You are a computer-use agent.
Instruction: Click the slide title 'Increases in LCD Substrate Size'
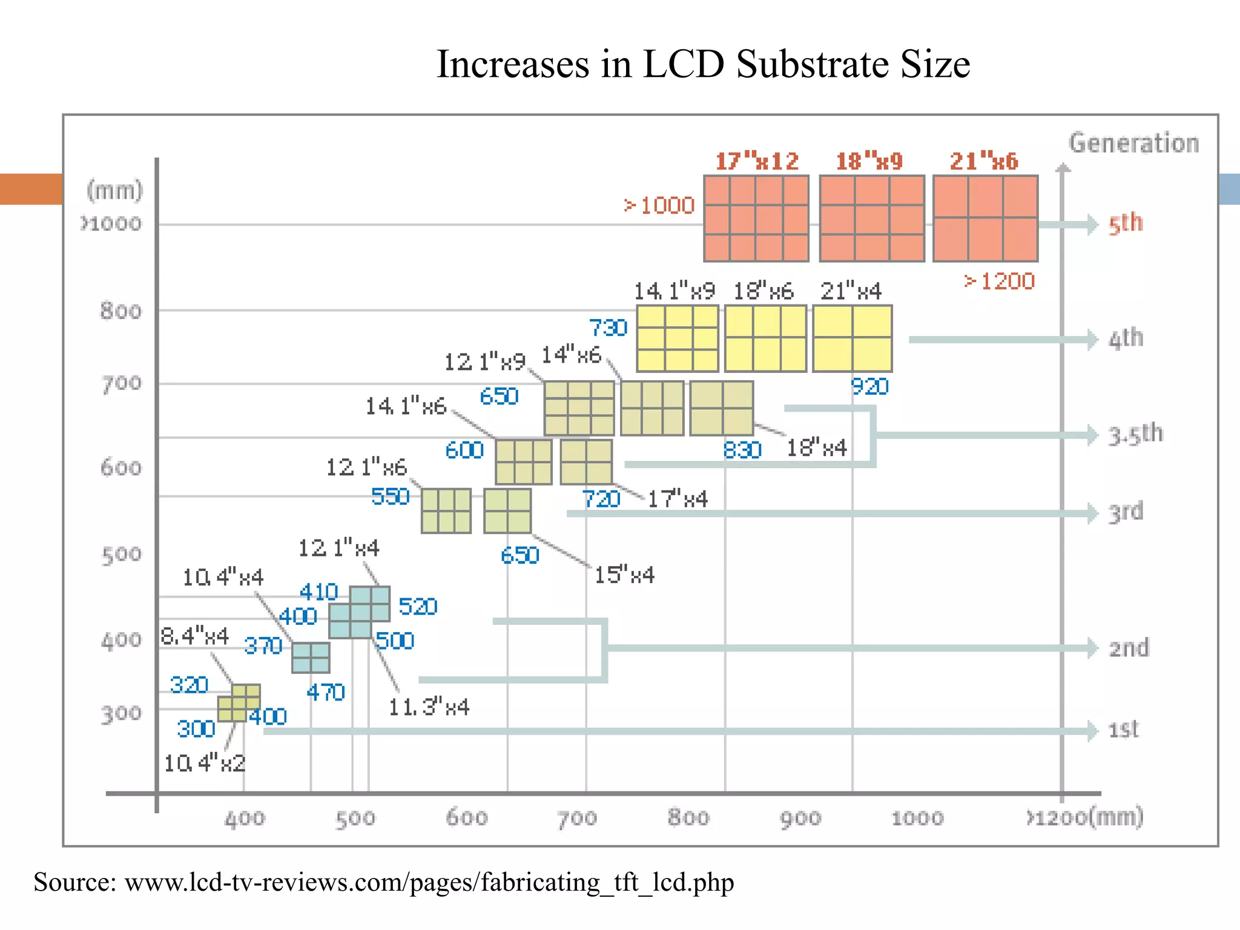(x=703, y=64)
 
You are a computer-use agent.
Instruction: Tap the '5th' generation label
(x=1125, y=223)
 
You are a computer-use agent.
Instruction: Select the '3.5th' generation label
(x=1135, y=434)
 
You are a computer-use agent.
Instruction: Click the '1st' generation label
(x=1123, y=729)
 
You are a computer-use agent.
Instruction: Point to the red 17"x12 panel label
(x=757, y=161)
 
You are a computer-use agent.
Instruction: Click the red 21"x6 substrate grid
(x=985, y=219)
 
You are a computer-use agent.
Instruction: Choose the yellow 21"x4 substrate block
(x=852, y=338)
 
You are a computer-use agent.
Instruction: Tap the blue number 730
(x=608, y=328)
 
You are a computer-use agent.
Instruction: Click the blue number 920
(x=869, y=386)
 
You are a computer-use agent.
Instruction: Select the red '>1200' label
(x=1000, y=281)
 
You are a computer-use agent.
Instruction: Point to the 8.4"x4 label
(x=195, y=636)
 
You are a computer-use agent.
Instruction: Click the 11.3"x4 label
(x=429, y=707)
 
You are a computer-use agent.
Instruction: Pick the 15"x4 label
(x=624, y=575)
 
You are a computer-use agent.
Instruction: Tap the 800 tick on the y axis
(x=120, y=311)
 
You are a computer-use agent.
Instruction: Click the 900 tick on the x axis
(x=800, y=818)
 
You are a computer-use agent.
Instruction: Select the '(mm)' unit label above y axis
(x=114, y=191)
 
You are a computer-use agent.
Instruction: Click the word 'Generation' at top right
(x=1133, y=143)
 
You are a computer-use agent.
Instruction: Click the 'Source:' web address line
(x=383, y=882)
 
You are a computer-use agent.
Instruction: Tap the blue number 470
(x=325, y=692)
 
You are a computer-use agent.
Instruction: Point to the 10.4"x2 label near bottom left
(x=205, y=763)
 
